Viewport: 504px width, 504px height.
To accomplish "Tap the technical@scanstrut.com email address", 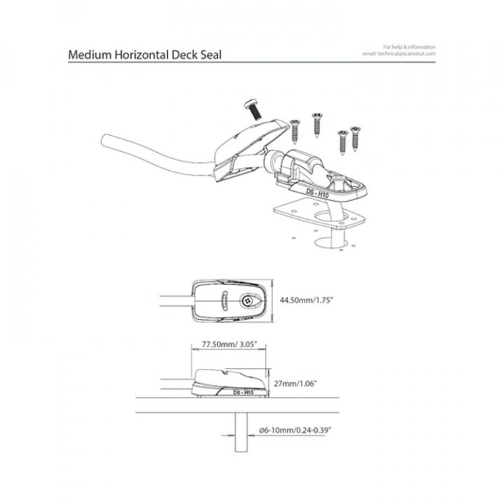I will (399, 53).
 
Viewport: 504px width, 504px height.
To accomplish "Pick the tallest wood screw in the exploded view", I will (316, 120).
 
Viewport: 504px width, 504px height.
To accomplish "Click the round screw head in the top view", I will (246, 300).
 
